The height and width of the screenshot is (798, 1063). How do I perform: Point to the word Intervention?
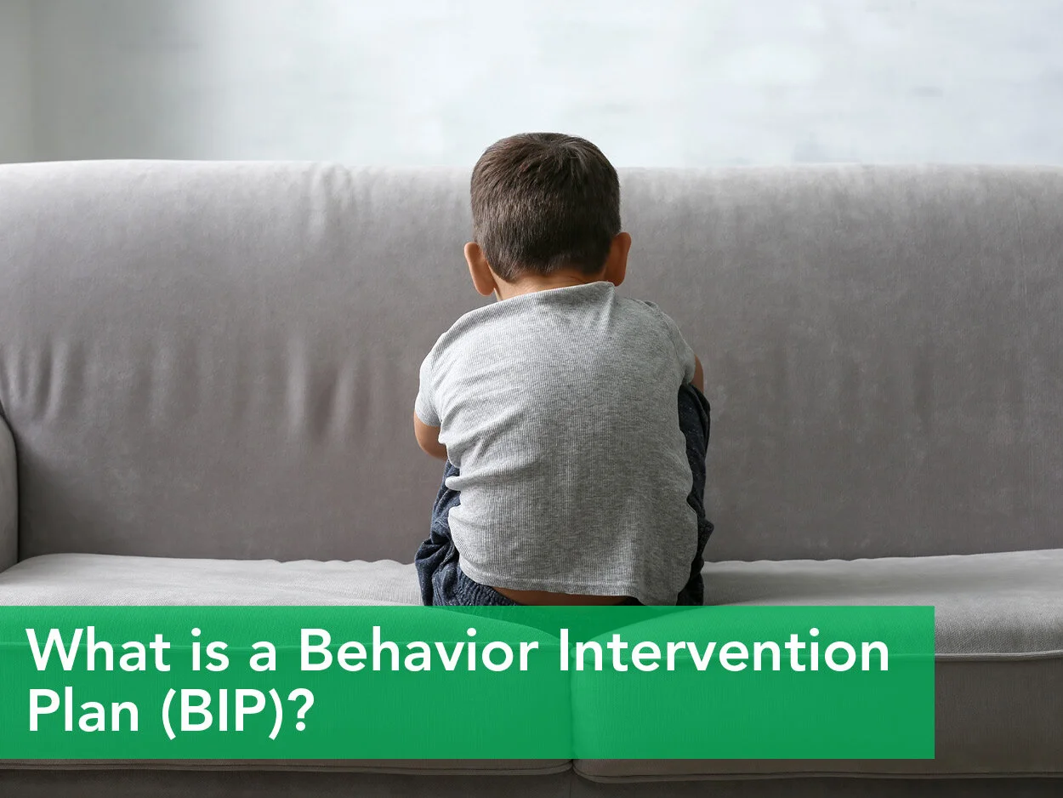tap(730, 653)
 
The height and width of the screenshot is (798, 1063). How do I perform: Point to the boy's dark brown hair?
tap(544, 196)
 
